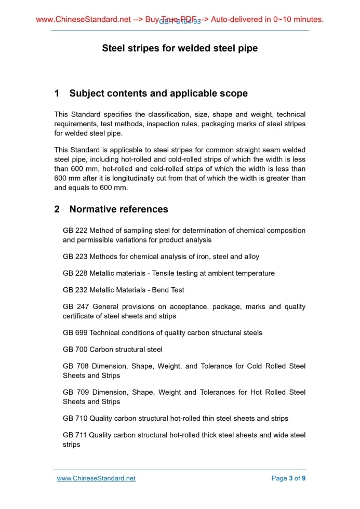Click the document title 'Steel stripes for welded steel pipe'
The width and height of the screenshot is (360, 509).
coord(180,48)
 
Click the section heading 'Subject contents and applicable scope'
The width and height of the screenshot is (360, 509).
coord(158,93)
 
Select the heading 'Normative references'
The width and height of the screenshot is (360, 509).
coord(118,209)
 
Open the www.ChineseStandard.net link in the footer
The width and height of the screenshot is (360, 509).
coord(96,478)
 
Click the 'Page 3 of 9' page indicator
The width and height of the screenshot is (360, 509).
coord(288,478)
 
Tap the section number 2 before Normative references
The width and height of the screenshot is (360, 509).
coord(57,209)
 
